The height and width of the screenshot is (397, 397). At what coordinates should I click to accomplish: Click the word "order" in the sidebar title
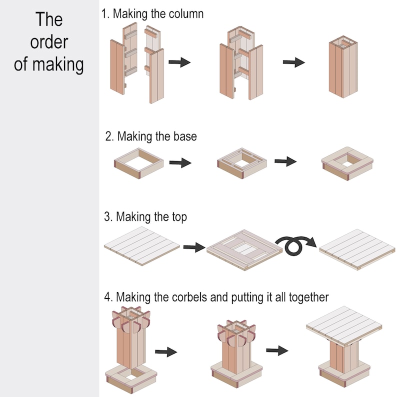(x=49, y=42)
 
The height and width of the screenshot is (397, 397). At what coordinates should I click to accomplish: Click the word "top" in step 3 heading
(x=177, y=217)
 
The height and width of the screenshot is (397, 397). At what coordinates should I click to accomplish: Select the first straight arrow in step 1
(x=179, y=62)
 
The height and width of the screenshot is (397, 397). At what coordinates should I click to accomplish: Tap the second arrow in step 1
(x=293, y=62)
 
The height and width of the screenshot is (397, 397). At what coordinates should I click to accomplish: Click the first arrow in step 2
(x=180, y=162)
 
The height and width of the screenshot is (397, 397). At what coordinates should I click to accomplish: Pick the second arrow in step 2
(x=285, y=161)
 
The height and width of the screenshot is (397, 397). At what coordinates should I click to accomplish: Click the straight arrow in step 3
(x=194, y=246)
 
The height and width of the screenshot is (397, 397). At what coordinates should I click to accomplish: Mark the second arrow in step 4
(x=276, y=350)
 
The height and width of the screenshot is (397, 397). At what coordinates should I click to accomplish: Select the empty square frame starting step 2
(x=138, y=162)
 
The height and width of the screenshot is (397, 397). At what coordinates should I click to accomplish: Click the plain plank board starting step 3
(x=141, y=245)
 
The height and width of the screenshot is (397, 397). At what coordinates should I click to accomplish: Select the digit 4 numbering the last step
(x=107, y=297)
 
